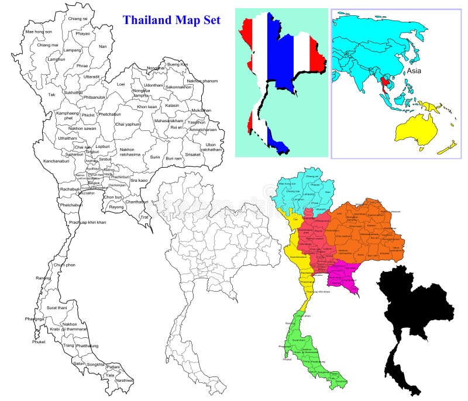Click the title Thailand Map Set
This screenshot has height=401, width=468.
pyautogui.click(x=171, y=20)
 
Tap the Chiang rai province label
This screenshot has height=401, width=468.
pyautogui.click(x=78, y=19)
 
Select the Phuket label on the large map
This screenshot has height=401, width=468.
pyautogui.click(x=39, y=342)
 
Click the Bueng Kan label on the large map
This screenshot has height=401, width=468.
pyautogui.click(x=177, y=64)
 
